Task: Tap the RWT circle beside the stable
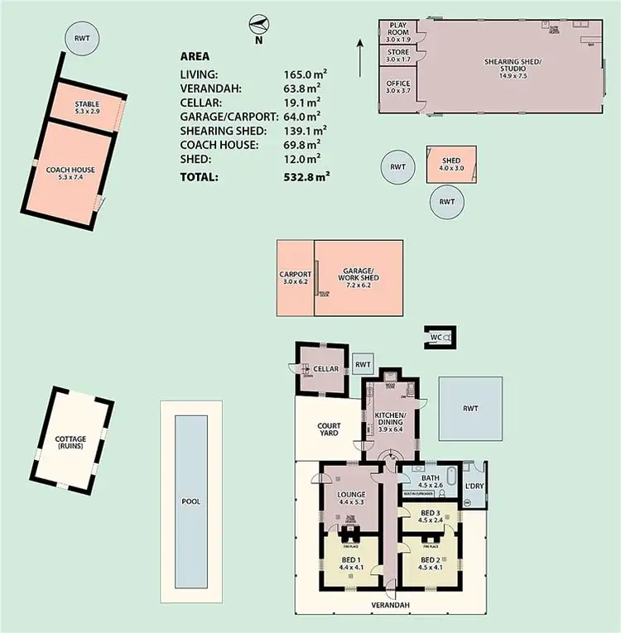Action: pyautogui.click(x=81, y=38)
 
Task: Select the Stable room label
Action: pyautogui.click(x=87, y=107)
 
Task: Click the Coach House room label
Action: pyautogui.click(x=70, y=173)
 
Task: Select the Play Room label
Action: pyautogui.click(x=399, y=31)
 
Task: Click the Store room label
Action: pyautogui.click(x=399, y=55)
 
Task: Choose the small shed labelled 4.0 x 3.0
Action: pyautogui.click(x=451, y=164)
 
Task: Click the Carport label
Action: pyautogui.click(x=296, y=278)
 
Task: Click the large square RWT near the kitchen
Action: pyautogui.click(x=470, y=408)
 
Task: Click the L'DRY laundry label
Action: pyautogui.click(x=474, y=484)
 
